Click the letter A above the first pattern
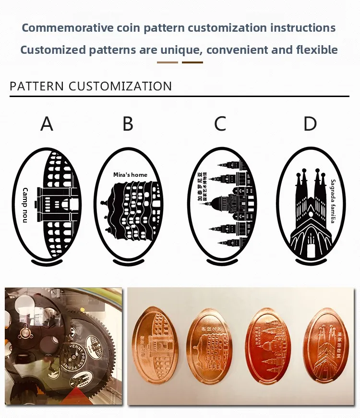[x=47, y=124]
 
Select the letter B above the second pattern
[x=128, y=124]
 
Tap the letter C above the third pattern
[x=220, y=124]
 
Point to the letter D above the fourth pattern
[x=310, y=124]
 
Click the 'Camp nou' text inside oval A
[x=25, y=205]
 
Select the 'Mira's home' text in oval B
[x=130, y=175]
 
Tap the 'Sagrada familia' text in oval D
[x=333, y=201]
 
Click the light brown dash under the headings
[x=168, y=62]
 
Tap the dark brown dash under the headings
[x=192, y=62]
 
